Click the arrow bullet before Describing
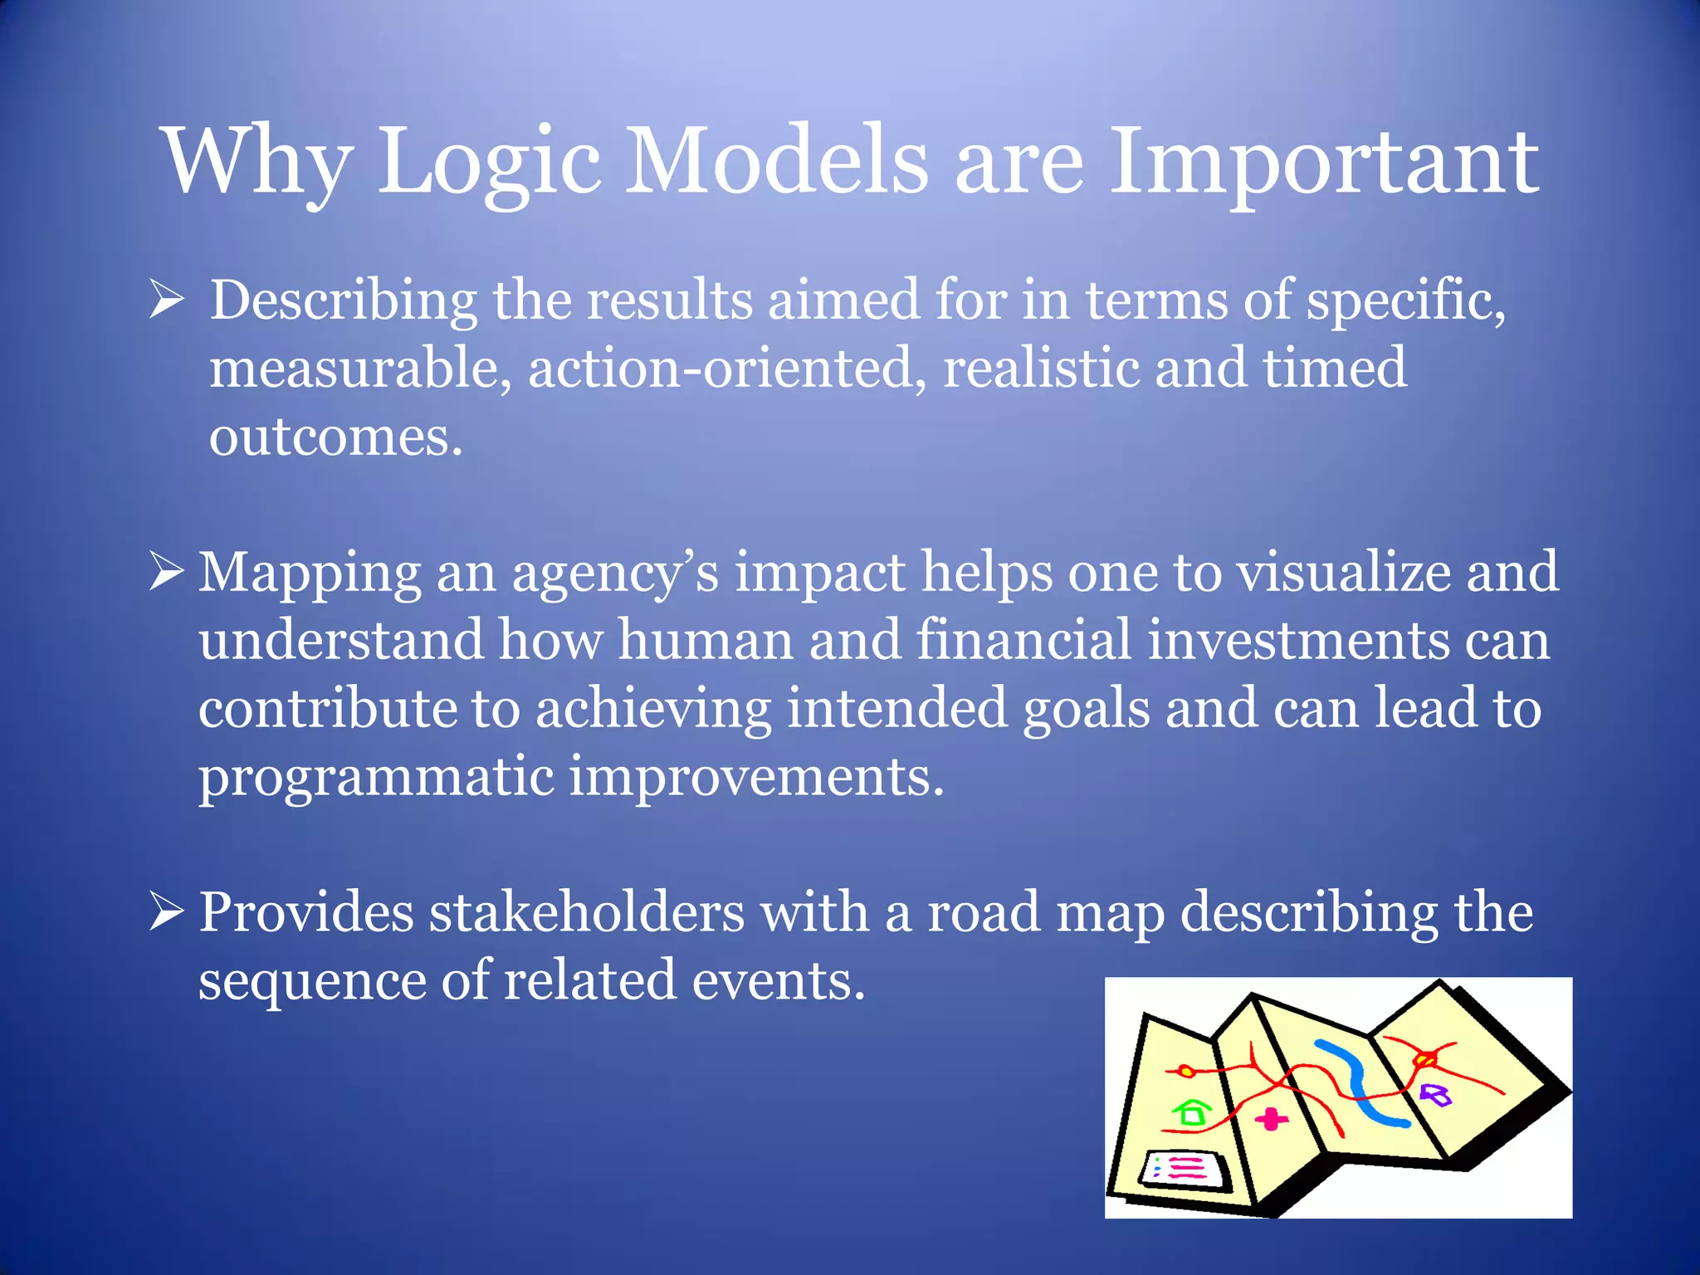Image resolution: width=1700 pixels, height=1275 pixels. [166, 300]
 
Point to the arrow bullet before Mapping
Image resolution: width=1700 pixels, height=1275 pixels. [166, 573]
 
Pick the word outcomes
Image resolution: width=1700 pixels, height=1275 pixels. [335, 437]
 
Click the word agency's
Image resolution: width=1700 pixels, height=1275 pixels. [614, 573]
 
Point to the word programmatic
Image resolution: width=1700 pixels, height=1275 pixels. [375, 777]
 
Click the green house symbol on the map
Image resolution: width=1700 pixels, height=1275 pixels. [1192, 1111]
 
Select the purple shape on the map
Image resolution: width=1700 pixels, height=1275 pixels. [1435, 1095]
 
